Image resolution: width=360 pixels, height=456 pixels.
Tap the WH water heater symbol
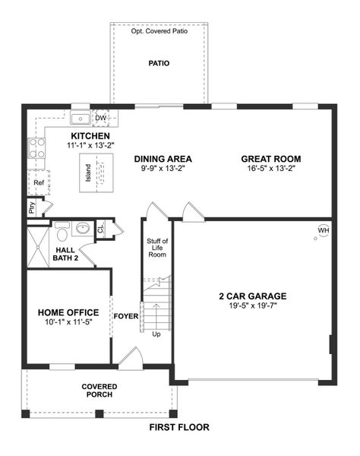[x=324, y=230]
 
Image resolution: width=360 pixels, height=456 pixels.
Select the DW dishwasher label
[x=100, y=118]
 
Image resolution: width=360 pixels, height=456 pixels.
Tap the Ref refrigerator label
[x=39, y=183]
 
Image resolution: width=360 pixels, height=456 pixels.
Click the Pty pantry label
[x=32, y=206]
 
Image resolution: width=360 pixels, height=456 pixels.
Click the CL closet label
[x=100, y=228]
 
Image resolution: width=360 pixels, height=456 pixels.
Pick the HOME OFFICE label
[x=68, y=312]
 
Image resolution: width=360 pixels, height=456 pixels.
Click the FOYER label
[x=125, y=316]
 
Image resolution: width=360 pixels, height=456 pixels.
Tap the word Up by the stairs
[x=157, y=334]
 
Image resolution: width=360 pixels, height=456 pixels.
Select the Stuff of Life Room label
[x=157, y=249]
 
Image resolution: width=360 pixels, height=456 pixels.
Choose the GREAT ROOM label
[x=271, y=159]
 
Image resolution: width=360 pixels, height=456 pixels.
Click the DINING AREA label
[x=163, y=159]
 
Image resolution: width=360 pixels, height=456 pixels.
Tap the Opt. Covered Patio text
[x=159, y=32]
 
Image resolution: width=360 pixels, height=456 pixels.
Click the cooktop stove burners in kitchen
[x=35, y=147]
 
